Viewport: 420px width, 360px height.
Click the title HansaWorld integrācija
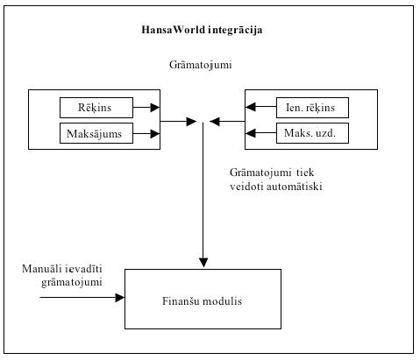tap(202, 30)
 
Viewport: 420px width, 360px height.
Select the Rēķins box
tap(96, 108)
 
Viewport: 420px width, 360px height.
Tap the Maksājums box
tap(96, 133)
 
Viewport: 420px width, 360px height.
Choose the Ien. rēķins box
tap(312, 108)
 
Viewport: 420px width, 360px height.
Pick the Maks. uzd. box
tap(312, 133)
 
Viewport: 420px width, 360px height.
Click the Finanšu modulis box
tap(203, 299)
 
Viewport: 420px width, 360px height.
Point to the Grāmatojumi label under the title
tap(201, 65)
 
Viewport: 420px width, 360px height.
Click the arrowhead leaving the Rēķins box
tap(155, 108)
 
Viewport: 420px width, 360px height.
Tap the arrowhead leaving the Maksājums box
tap(155, 134)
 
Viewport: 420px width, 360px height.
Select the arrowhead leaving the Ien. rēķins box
tap(250, 107)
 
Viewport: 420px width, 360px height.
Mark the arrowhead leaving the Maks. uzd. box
tap(250, 133)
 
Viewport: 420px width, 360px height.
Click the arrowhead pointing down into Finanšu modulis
tap(203, 263)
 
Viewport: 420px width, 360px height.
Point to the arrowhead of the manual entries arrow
tap(120, 298)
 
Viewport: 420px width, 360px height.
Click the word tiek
tap(305, 173)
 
